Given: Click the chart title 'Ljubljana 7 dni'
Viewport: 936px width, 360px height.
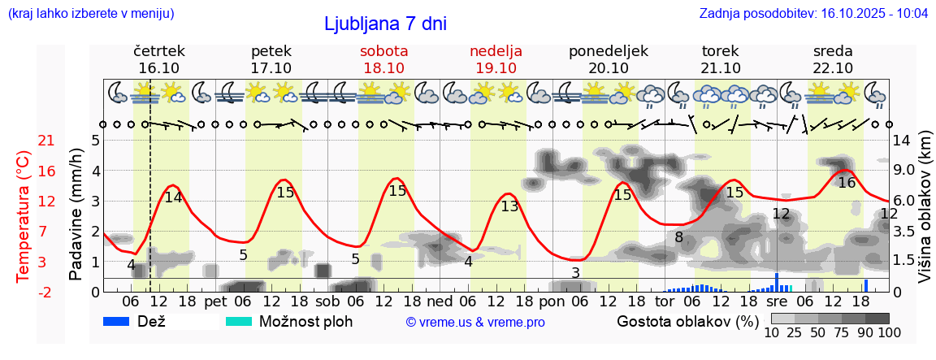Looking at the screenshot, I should [x=385, y=24].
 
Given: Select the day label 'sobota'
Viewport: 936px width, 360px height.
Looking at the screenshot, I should [x=383, y=51].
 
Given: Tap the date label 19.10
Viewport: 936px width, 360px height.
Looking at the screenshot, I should [x=496, y=68].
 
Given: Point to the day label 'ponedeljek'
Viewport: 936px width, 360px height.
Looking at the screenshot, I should [x=609, y=51].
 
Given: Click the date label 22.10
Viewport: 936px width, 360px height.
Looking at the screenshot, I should [x=833, y=68].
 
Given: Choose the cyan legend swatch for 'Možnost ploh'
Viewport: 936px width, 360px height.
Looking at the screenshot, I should [x=239, y=321].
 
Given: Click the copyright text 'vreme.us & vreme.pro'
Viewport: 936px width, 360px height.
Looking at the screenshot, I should [x=475, y=322].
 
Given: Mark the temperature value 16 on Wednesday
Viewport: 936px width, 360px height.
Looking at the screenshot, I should [x=847, y=183].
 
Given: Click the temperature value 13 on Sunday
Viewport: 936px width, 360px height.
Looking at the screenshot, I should [x=509, y=206].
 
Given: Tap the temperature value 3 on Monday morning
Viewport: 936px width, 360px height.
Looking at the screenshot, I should [x=575, y=273].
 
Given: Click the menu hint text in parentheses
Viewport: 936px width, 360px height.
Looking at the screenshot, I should [x=90, y=14].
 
